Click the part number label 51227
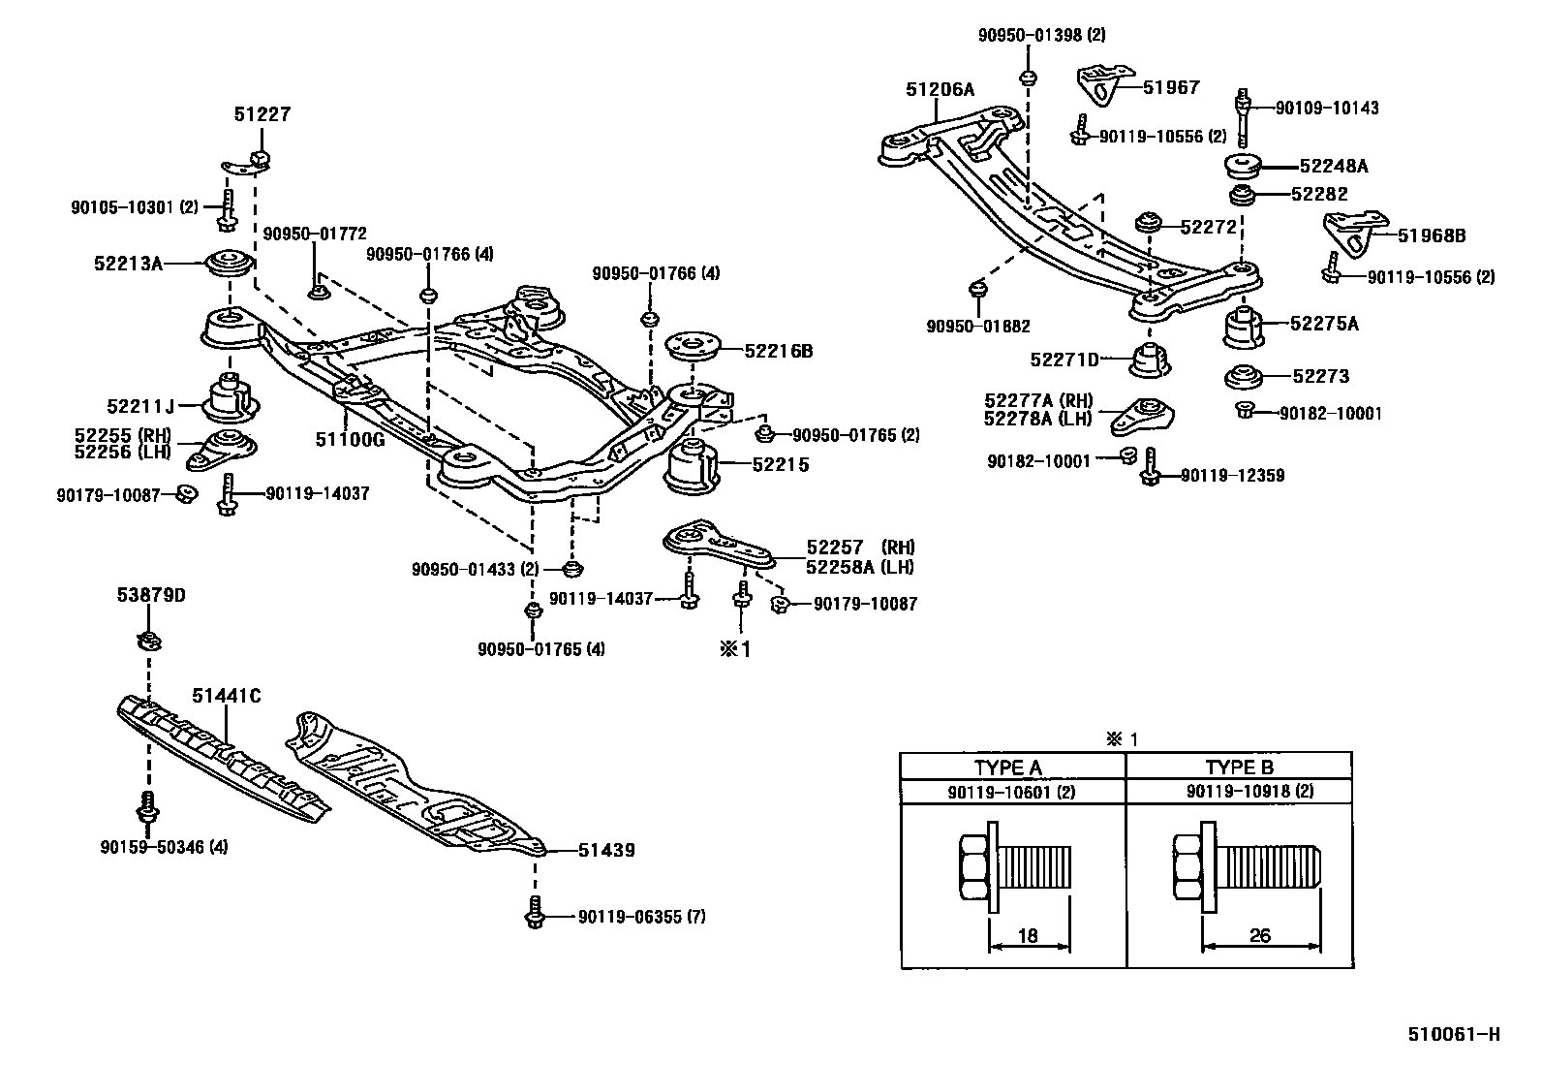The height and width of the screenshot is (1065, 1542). (262, 114)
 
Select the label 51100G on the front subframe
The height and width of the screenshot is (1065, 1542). (350, 439)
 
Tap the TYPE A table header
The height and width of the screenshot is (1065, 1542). (1007, 768)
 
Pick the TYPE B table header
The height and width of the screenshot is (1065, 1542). (1239, 768)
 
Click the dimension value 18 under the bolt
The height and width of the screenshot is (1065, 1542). (1028, 936)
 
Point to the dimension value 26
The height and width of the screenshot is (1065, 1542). (1259, 936)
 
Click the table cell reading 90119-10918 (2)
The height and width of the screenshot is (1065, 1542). (1249, 792)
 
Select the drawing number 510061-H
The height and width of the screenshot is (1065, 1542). (1453, 1034)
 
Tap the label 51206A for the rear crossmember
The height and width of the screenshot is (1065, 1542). (940, 89)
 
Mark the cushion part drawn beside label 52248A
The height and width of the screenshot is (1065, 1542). (1243, 167)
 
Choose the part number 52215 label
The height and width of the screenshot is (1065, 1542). (780, 465)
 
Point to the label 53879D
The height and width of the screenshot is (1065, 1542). (158, 595)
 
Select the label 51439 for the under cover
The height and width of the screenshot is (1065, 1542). (605, 851)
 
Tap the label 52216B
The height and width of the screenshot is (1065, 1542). (778, 352)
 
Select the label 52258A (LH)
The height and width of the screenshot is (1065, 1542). (859, 568)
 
